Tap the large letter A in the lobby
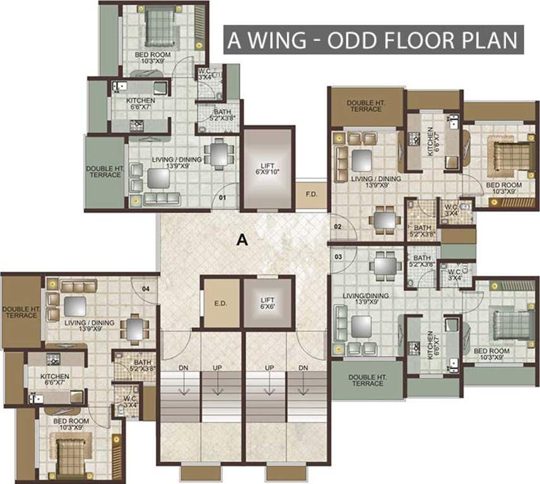pyautogui.click(x=240, y=239)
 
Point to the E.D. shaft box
pyautogui.click(x=221, y=303)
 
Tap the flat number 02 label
pyautogui.click(x=338, y=226)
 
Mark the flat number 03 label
pyautogui.click(x=338, y=256)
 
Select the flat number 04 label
pyautogui.click(x=146, y=289)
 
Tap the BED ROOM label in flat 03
pyautogui.click(x=491, y=354)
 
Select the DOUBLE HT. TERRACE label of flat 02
pyautogui.click(x=367, y=105)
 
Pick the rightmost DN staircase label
pyautogui.click(x=303, y=367)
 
